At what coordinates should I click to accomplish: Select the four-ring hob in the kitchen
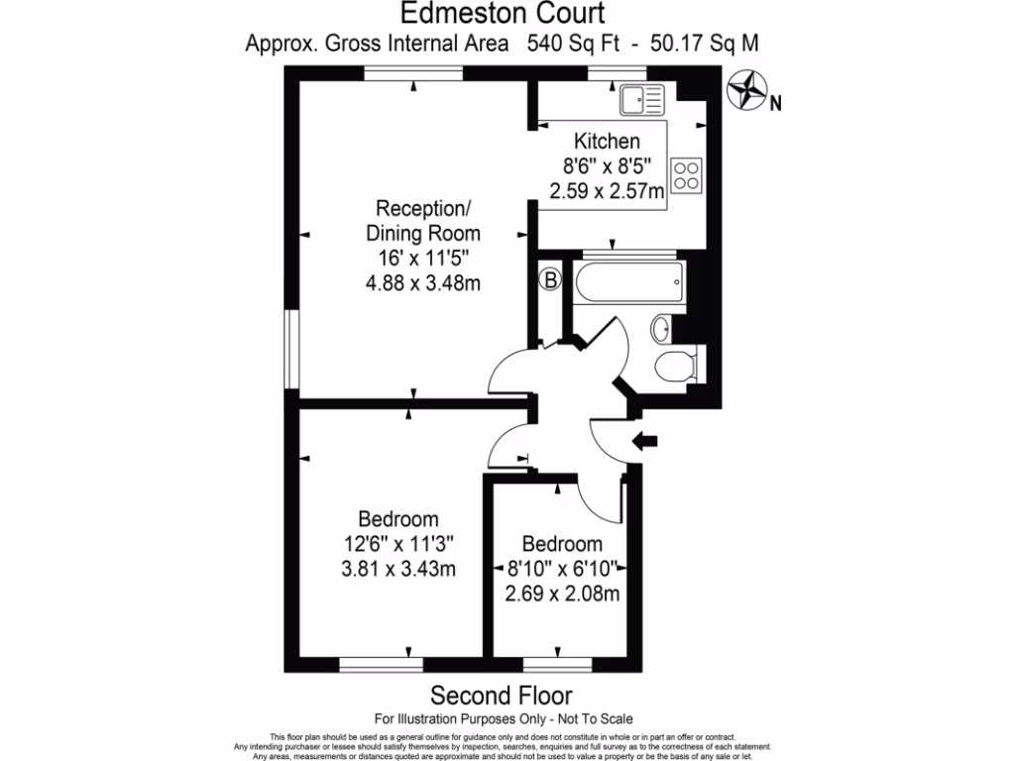687,174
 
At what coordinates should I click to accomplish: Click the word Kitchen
608,142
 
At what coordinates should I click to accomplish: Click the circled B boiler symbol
550,280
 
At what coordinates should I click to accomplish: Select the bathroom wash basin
661,327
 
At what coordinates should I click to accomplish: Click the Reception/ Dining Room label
423,222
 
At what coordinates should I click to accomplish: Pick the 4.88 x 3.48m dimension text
423,285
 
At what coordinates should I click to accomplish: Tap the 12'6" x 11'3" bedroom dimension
398,544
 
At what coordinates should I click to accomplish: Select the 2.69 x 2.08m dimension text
562,595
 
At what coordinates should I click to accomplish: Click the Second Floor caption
501,695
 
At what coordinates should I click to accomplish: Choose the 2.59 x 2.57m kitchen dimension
608,192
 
